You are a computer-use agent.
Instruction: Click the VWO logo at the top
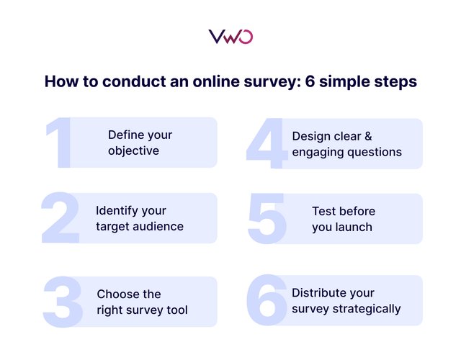coord(230,37)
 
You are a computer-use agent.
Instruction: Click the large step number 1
coord(59,144)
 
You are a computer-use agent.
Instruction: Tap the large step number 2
coord(61,219)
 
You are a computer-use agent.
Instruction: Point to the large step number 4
coord(266,145)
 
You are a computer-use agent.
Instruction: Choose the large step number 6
coord(267,300)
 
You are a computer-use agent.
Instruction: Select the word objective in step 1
coord(133,151)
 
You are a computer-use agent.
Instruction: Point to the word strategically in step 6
coord(365,309)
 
